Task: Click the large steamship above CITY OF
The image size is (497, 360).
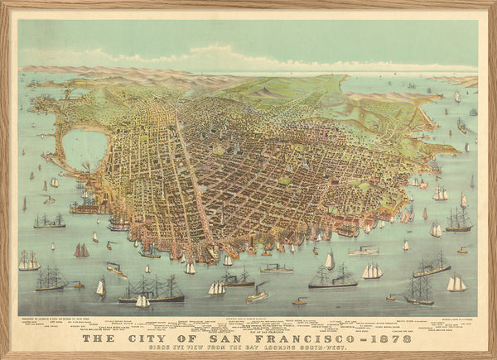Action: click(x=153, y=290)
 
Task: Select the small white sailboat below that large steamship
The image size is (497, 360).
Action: click(x=142, y=301)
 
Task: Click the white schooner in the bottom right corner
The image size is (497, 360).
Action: click(x=456, y=284)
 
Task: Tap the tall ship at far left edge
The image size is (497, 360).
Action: click(x=29, y=262)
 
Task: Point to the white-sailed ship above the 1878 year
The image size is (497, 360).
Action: click(x=372, y=271)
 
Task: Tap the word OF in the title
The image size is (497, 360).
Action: click(x=195, y=338)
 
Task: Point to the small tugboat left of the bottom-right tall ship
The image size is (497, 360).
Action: click(x=391, y=296)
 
